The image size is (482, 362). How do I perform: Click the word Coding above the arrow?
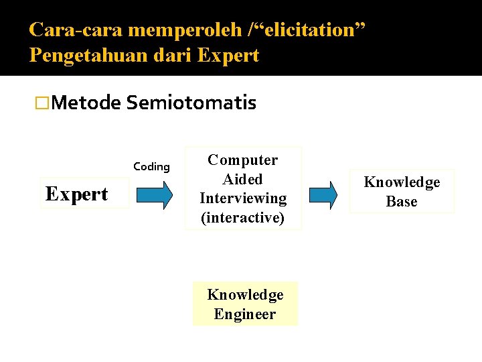click(x=151, y=167)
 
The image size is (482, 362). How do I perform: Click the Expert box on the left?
click(x=76, y=194)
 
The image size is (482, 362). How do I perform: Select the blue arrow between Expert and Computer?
click(x=154, y=195)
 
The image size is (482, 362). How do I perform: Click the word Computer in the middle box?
click(x=242, y=160)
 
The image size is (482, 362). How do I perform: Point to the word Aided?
click(x=242, y=179)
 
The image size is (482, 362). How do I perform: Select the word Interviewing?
click(x=242, y=198)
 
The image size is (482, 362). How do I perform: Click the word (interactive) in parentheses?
click(x=242, y=218)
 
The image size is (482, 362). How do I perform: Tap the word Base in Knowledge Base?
click(x=402, y=202)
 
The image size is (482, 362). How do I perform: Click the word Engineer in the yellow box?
click(x=245, y=314)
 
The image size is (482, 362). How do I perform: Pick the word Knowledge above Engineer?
click(x=245, y=295)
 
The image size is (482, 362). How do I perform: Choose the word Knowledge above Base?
click(x=402, y=182)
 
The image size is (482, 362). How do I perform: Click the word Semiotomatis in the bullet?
click(x=191, y=103)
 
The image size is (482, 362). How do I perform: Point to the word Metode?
click(x=86, y=103)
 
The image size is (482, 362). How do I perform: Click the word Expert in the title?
click(x=228, y=55)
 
